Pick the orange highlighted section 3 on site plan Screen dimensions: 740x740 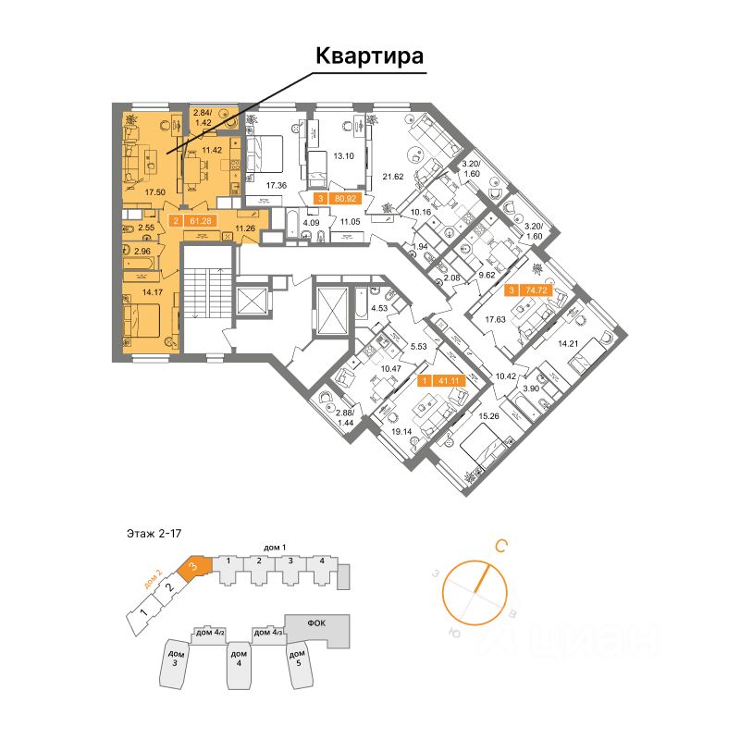[x=192, y=566]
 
